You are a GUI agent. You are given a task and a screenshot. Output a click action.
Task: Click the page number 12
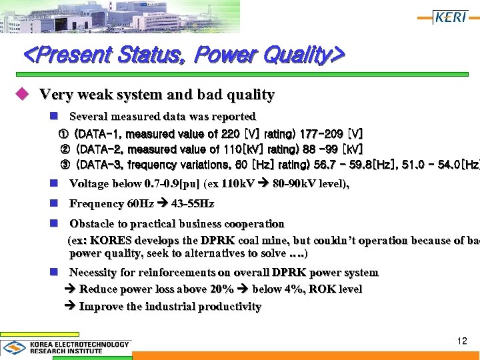coord(462,341)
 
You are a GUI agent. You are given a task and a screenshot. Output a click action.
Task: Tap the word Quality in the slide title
coord(291,55)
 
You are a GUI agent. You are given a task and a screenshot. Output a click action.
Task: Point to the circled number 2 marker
coord(65,149)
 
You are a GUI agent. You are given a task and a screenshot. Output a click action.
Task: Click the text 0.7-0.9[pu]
coord(171,183)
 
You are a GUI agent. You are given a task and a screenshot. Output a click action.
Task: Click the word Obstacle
coord(92,224)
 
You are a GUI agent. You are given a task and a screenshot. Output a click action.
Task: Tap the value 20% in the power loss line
coord(220,289)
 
